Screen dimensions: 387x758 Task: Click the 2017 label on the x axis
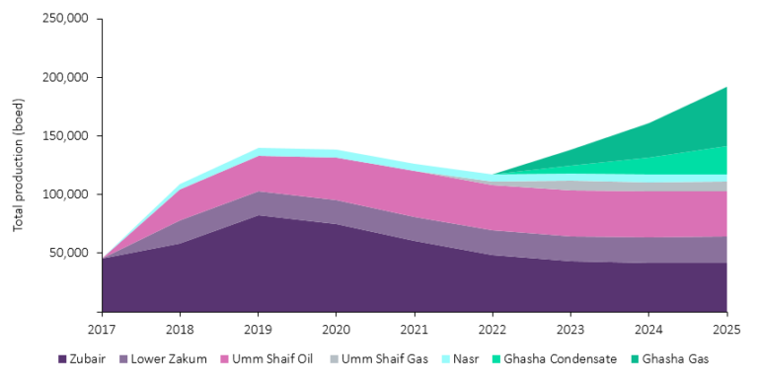coord(102,327)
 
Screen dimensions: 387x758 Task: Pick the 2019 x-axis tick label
coord(258,327)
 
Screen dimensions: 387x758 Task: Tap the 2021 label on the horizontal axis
coord(415,327)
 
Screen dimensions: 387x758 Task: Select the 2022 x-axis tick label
coord(493,327)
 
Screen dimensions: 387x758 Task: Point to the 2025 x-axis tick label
coord(725,327)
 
